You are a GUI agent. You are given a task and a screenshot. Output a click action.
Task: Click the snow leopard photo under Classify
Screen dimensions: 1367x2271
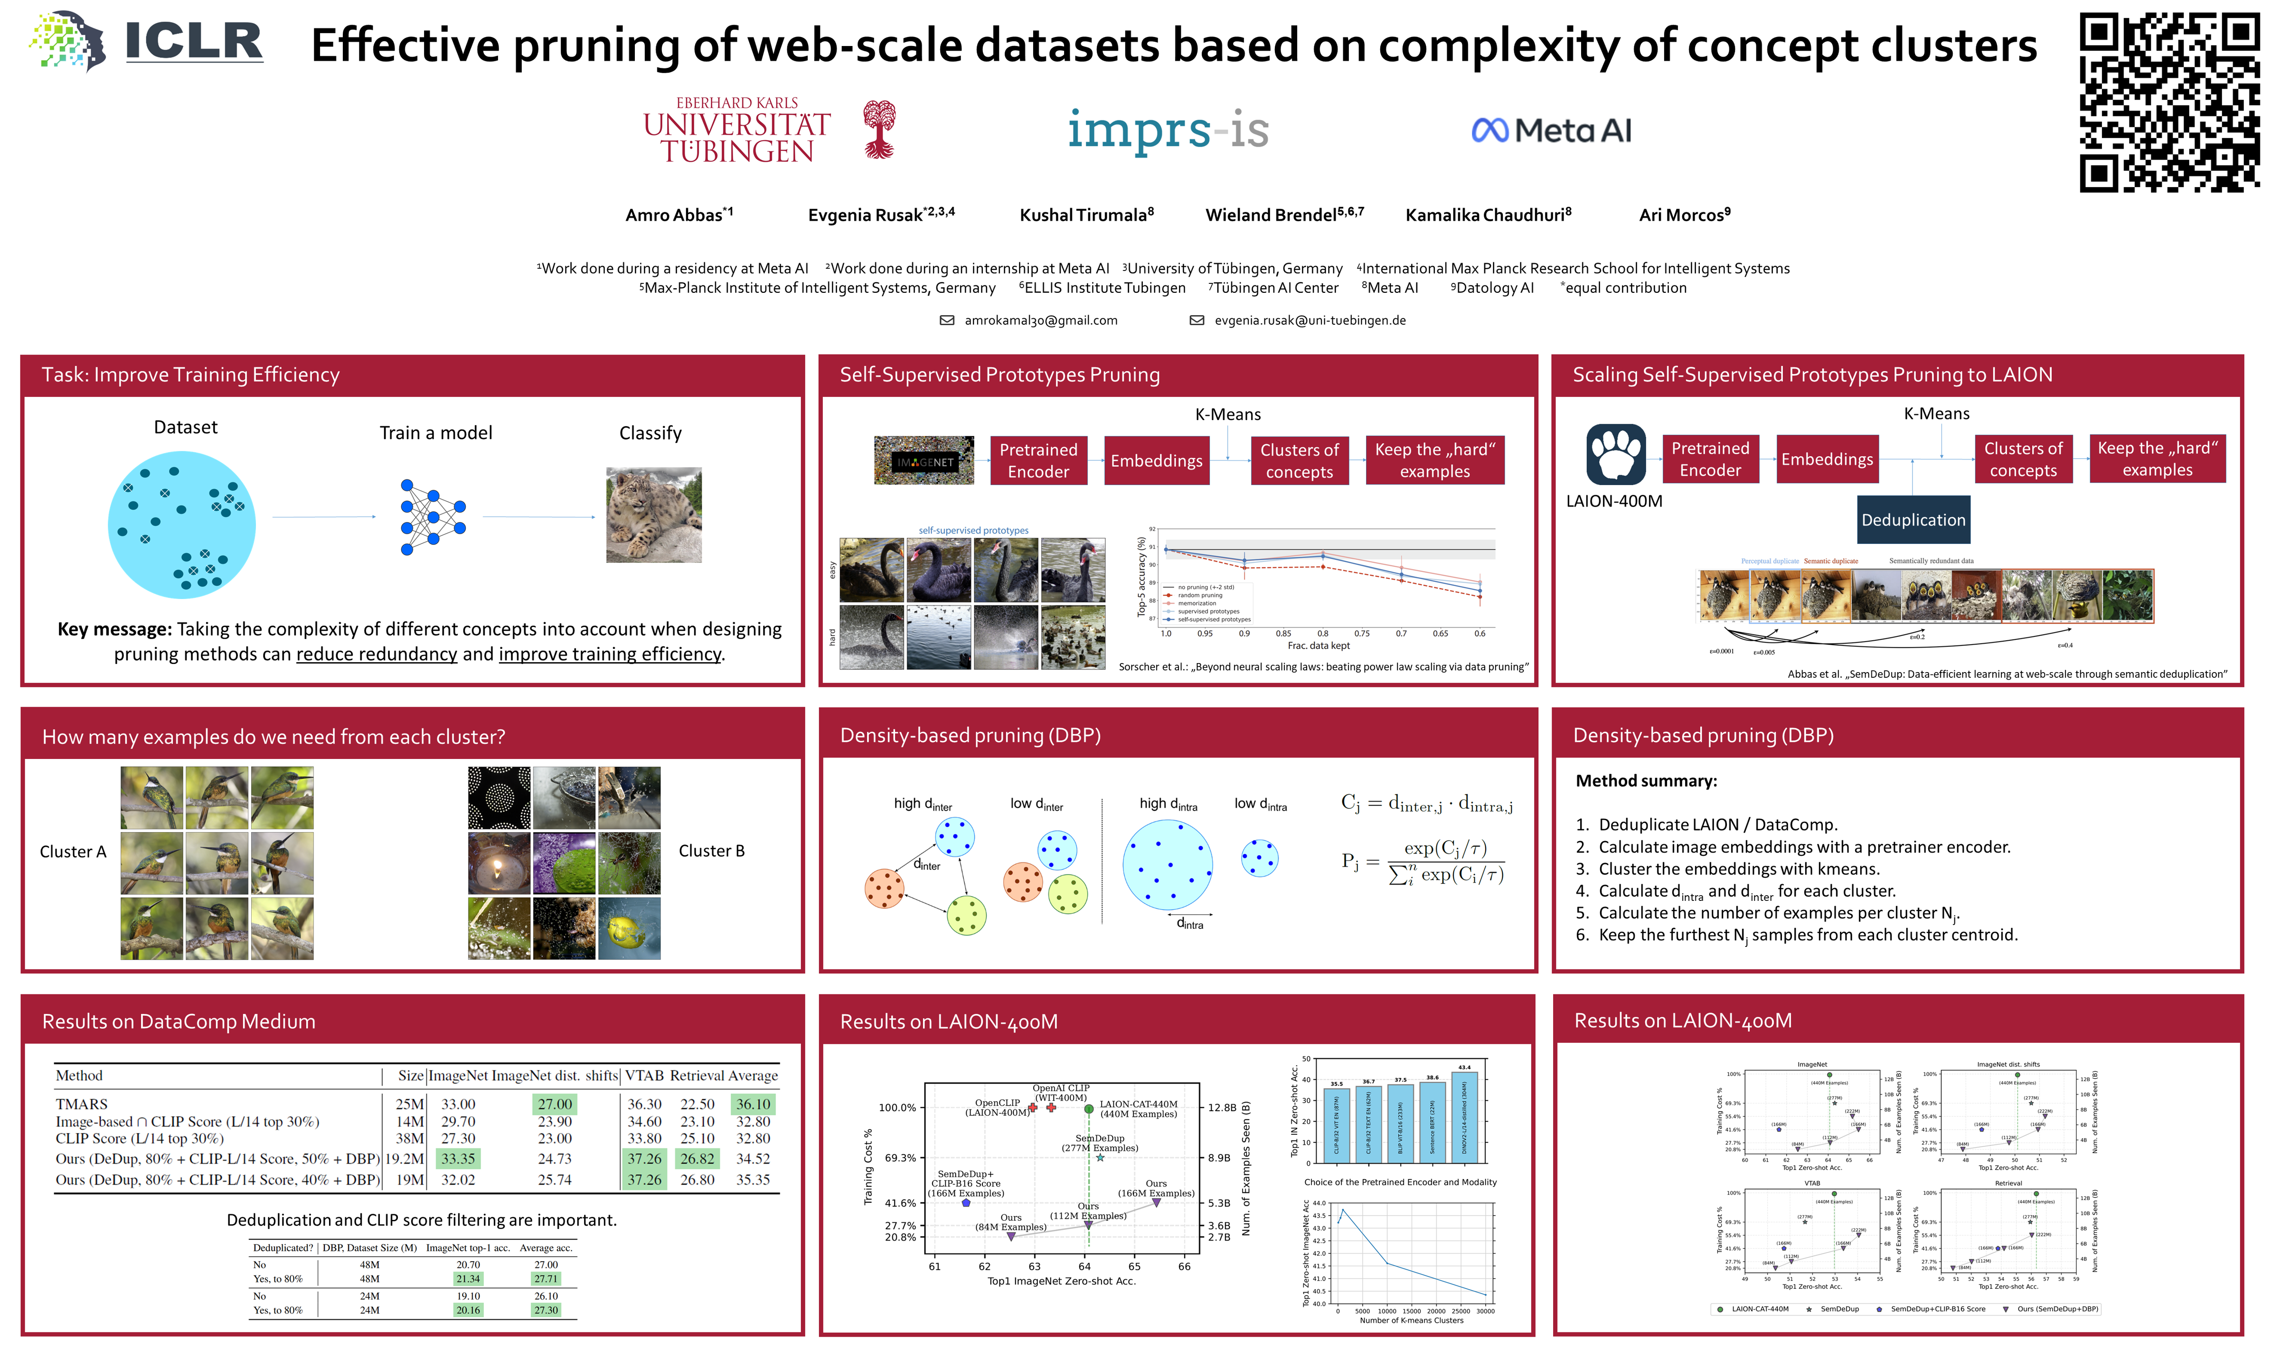[653, 515]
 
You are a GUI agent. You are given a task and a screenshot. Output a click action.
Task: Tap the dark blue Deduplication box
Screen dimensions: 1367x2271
[1913, 520]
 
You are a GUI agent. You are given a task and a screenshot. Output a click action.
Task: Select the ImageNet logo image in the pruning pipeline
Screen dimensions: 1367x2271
[923, 460]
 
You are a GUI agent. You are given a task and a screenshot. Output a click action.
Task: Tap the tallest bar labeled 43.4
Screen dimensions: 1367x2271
[1464, 1116]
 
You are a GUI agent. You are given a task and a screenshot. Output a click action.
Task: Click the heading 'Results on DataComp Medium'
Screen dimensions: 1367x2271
[179, 1021]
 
